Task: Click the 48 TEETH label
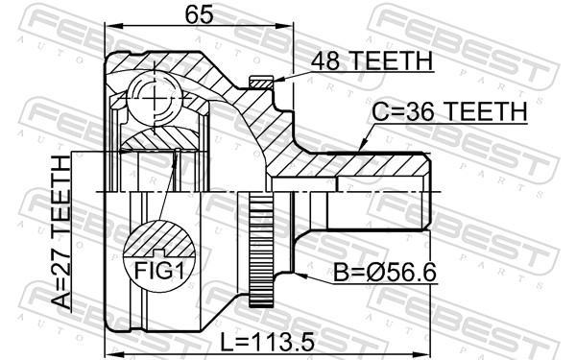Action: (370, 61)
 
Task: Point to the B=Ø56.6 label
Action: (383, 274)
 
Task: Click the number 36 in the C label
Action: (419, 113)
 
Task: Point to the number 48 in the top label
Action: (323, 61)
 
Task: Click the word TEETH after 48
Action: (389, 61)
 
